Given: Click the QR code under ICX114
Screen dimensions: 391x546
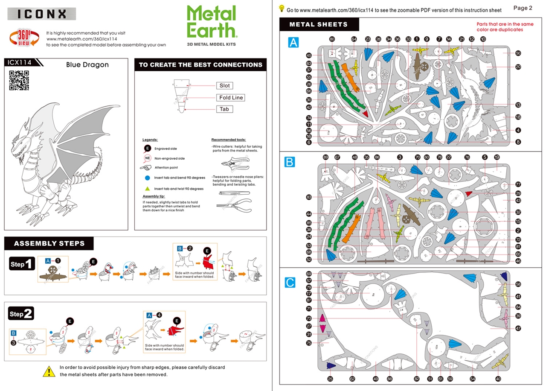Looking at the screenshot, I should point(19,80).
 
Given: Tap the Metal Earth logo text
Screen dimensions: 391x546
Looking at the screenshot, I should point(212,22).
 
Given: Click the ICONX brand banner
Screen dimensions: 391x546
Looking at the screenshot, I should point(42,14).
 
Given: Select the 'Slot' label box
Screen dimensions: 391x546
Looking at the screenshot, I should point(224,86).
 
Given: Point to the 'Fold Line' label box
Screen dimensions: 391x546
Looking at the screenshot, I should point(231,98).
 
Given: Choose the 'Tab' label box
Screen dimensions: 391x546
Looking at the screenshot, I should point(224,109).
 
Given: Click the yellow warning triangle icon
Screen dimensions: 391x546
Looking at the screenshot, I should point(49,371).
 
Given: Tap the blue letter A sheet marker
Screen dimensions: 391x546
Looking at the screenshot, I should point(293,42).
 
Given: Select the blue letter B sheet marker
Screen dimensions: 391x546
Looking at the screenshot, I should point(290,162).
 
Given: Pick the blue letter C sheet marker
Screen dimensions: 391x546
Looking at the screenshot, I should point(290,282).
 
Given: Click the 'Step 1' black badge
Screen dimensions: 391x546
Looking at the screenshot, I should point(22,264).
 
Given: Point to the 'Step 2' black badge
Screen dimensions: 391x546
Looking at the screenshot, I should point(22,314).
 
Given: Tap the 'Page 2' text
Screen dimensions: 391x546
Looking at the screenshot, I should point(523,8).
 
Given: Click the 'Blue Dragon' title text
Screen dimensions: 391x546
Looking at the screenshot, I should point(87,65).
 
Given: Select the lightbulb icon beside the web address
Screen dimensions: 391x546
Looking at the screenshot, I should point(282,8).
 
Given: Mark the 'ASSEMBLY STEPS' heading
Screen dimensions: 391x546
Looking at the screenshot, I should point(49,244).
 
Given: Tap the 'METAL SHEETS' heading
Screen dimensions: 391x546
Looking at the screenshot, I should point(319,24).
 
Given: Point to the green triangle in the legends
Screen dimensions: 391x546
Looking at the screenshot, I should point(147,189).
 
